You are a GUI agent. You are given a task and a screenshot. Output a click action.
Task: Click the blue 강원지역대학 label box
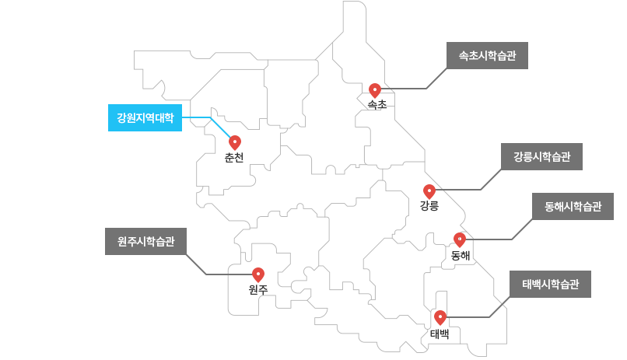(x=145, y=118)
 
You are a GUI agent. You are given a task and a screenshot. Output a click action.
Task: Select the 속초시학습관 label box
(x=487, y=56)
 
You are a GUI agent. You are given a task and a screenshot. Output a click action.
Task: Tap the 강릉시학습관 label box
(x=541, y=157)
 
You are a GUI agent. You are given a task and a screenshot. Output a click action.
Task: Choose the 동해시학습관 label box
(x=573, y=207)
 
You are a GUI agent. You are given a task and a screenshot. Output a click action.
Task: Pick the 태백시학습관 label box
(x=550, y=284)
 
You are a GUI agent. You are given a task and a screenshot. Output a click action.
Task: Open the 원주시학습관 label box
(x=145, y=242)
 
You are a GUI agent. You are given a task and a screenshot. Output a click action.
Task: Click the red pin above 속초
(x=375, y=90)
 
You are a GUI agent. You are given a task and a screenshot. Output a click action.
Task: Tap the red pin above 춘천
(x=235, y=142)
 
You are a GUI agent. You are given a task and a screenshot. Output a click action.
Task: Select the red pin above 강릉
(x=429, y=190)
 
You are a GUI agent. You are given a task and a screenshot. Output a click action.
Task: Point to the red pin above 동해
(x=460, y=239)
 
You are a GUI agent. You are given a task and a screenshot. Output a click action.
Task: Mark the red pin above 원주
(x=258, y=274)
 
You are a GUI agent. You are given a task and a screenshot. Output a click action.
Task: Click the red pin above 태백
(x=440, y=317)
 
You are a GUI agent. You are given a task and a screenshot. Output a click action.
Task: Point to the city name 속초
(x=377, y=105)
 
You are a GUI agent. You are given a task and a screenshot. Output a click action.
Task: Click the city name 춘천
(x=234, y=158)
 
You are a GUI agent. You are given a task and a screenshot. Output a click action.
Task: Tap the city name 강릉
(x=429, y=206)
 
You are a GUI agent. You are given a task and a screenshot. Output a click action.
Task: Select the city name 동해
(x=461, y=255)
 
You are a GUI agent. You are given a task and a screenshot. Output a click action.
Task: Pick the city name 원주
(x=258, y=290)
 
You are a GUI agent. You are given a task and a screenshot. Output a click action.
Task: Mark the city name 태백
(x=440, y=334)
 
